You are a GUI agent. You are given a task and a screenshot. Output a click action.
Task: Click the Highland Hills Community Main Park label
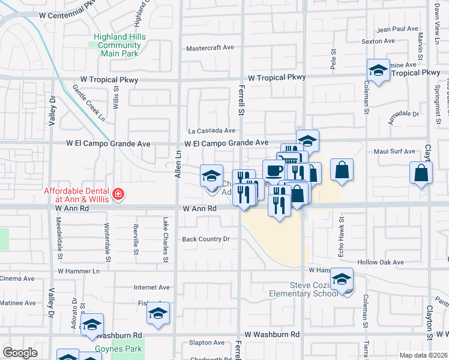[x=119, y=45]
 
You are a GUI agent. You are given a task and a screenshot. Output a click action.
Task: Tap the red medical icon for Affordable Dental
[x=118, y=194]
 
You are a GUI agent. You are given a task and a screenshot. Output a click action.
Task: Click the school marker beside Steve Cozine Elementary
[x=342, y=280]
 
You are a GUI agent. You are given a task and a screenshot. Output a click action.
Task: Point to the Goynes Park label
[x=118, y=349]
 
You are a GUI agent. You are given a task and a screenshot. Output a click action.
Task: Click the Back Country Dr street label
[x=206, y=239]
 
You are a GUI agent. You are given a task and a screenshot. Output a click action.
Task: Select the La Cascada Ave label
[x=211, y=130]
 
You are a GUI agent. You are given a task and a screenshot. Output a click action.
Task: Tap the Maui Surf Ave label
[x=394, y=152]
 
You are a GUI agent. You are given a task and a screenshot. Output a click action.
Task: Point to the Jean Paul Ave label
[x=397, y=29]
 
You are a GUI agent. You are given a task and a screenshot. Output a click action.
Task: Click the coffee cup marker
[x=274, y=170]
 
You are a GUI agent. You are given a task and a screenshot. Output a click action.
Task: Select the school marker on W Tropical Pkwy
[x=378, y=70]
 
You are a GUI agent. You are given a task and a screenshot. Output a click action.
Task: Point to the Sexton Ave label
[x=378, y=41]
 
